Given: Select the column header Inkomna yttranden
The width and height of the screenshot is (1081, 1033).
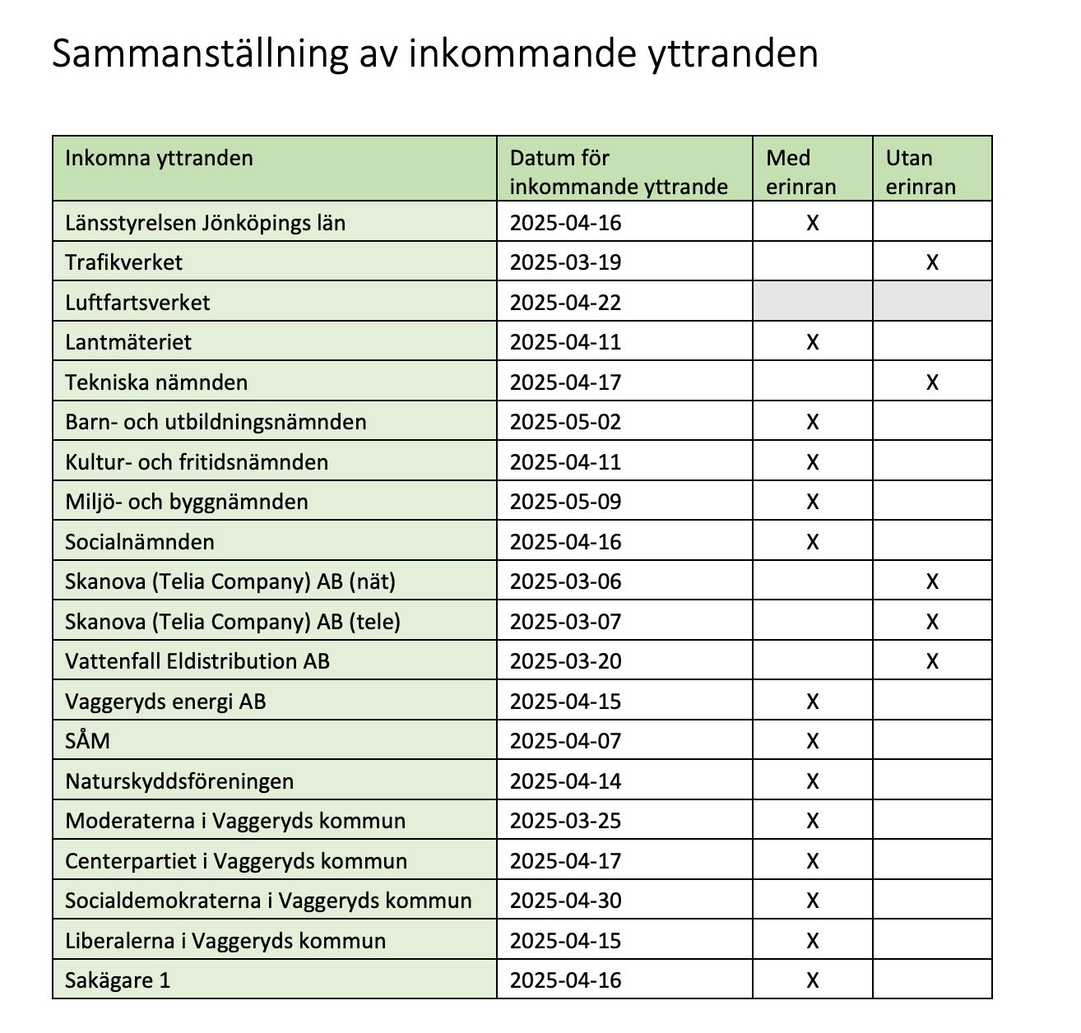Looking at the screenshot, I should click(x=159, y=158).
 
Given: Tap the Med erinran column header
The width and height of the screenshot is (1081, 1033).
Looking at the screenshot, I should click(x=800, y=172).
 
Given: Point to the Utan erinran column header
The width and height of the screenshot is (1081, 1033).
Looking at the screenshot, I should click(x=921, y=172).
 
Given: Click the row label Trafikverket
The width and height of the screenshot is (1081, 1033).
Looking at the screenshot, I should click(x=123, y=262).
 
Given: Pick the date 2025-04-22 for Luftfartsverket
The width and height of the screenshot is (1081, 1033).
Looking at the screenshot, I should click(x=565, y=303).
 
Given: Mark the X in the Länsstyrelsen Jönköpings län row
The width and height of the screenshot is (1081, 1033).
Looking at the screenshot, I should click(x=813, y=223).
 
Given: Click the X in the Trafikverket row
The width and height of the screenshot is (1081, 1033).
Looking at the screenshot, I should click(x=932, y=262).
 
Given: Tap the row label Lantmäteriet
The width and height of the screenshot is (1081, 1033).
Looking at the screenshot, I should click(x=128, y=342).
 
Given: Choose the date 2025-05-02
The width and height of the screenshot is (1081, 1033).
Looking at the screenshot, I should click(x=565, y=422).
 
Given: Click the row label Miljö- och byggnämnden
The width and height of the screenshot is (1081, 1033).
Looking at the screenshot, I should click(x=187, y=502).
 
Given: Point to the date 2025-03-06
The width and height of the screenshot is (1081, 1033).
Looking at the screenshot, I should click(x=565, y=581).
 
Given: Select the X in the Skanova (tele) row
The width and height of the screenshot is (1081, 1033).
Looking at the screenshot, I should click(x=932, y=622).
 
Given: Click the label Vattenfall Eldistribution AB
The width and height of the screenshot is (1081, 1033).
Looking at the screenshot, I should click(x=197, y=661).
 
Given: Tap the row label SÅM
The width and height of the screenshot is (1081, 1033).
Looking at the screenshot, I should click(x=87, y=741).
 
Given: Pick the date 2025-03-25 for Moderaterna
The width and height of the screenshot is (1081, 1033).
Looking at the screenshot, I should click(x=565, y=821).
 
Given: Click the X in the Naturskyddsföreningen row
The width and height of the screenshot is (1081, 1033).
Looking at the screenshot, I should click(x=813, y=781).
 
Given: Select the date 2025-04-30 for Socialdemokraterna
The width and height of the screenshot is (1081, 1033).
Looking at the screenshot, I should click(x=565, y=901).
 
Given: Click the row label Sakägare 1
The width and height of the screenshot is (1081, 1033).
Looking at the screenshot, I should click(x=118, y=980).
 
